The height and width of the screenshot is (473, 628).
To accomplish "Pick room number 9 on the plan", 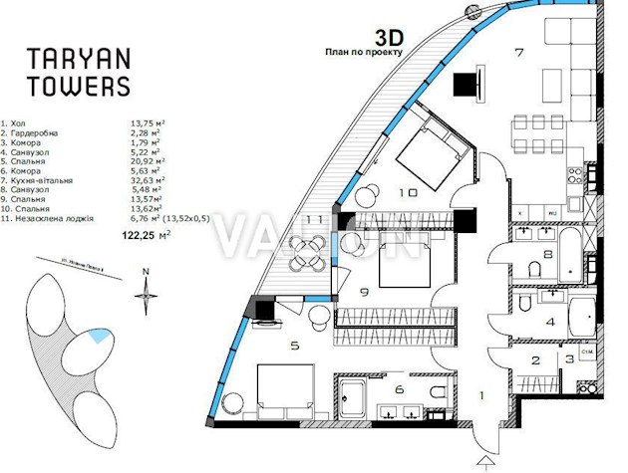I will click(x=364, y=292).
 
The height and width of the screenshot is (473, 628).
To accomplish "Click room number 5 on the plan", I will click(x=293, y=347).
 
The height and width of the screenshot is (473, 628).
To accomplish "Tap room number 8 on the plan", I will click(x=548, y=255).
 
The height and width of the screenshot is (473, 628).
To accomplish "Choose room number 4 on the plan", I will click(x=549, y=321).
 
